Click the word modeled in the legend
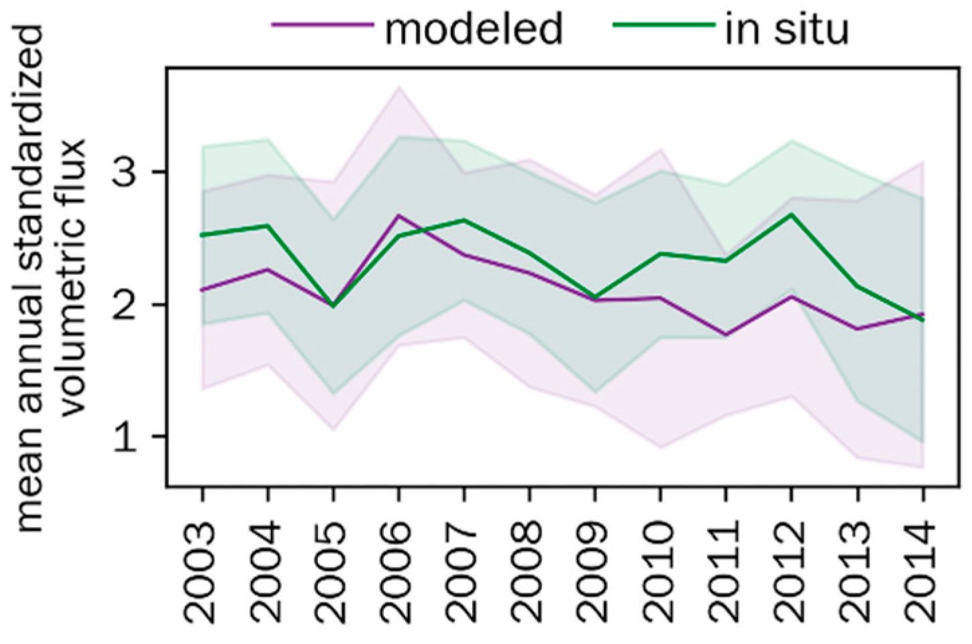(473, 29)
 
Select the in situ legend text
(787, 29)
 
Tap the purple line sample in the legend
(322, 25)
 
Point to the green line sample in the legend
(663, 25)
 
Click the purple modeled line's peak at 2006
(398, 215)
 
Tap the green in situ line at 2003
(202, 235)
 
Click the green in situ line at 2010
(661, 254)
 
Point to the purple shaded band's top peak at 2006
(399, 87)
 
